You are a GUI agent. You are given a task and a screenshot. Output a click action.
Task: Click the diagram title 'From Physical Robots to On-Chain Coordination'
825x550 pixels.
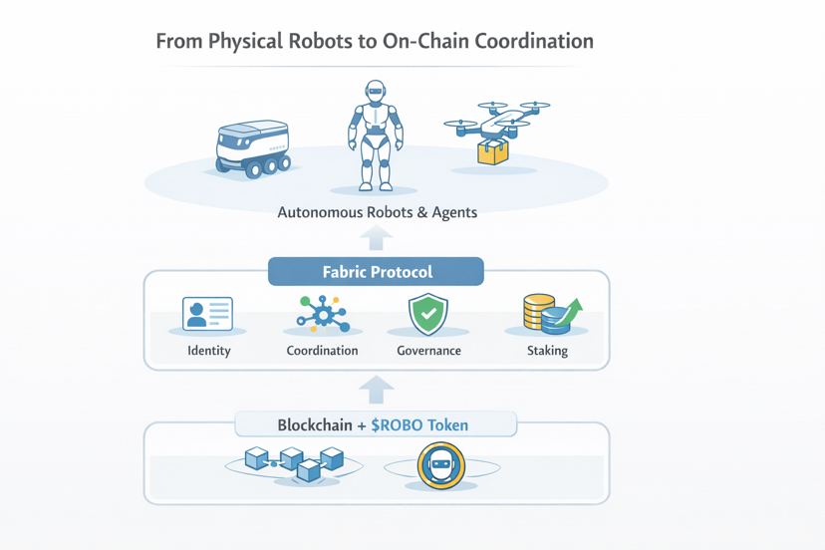point(375,42)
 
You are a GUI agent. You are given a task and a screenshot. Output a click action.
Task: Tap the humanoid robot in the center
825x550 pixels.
point(376,135)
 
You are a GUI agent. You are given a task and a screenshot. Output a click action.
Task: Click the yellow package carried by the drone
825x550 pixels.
point(493,151)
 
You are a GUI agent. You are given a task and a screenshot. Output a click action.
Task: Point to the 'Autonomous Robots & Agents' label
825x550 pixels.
point(377,212)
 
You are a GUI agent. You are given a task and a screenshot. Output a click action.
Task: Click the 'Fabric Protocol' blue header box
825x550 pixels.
point(377,272)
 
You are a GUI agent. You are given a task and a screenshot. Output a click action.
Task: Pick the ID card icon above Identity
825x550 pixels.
point(208,314)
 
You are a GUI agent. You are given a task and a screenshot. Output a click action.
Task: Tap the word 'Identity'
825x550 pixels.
point(209,351)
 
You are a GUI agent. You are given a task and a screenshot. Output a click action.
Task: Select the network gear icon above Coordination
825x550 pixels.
point(323,315)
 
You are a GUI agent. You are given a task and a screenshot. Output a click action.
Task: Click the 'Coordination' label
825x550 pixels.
point(322,351)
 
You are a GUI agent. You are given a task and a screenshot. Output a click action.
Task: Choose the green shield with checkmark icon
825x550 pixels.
point(428,314)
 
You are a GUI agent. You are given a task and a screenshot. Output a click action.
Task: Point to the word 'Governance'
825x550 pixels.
point(428,351)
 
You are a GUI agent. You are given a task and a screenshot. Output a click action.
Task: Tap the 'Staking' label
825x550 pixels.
point(547,351)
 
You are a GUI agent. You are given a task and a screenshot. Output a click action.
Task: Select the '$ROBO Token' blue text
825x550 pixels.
point(419,425)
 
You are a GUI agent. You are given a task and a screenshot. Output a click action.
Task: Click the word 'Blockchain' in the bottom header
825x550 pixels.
point(315,425)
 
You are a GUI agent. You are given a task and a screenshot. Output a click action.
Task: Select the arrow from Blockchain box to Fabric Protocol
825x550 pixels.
point(377,389)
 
